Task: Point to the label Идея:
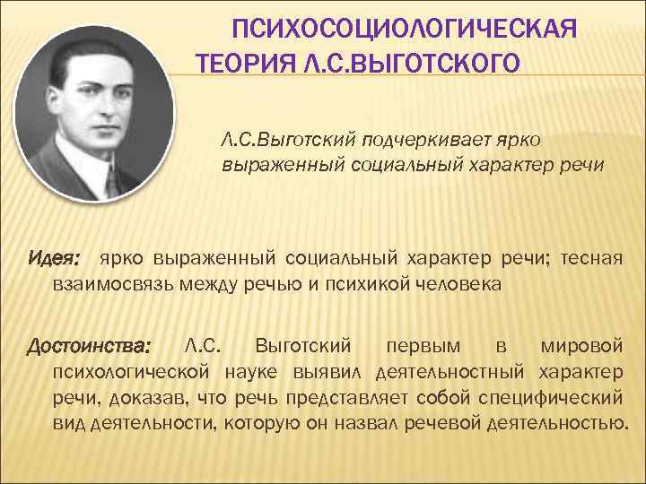(x=53, y=260)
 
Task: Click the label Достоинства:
(x=90, y=346)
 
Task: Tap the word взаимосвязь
(x=110, y=284)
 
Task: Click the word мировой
(x=582, y=345)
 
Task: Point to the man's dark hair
(x=85, y=49)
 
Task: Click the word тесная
(x=591, y=259)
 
